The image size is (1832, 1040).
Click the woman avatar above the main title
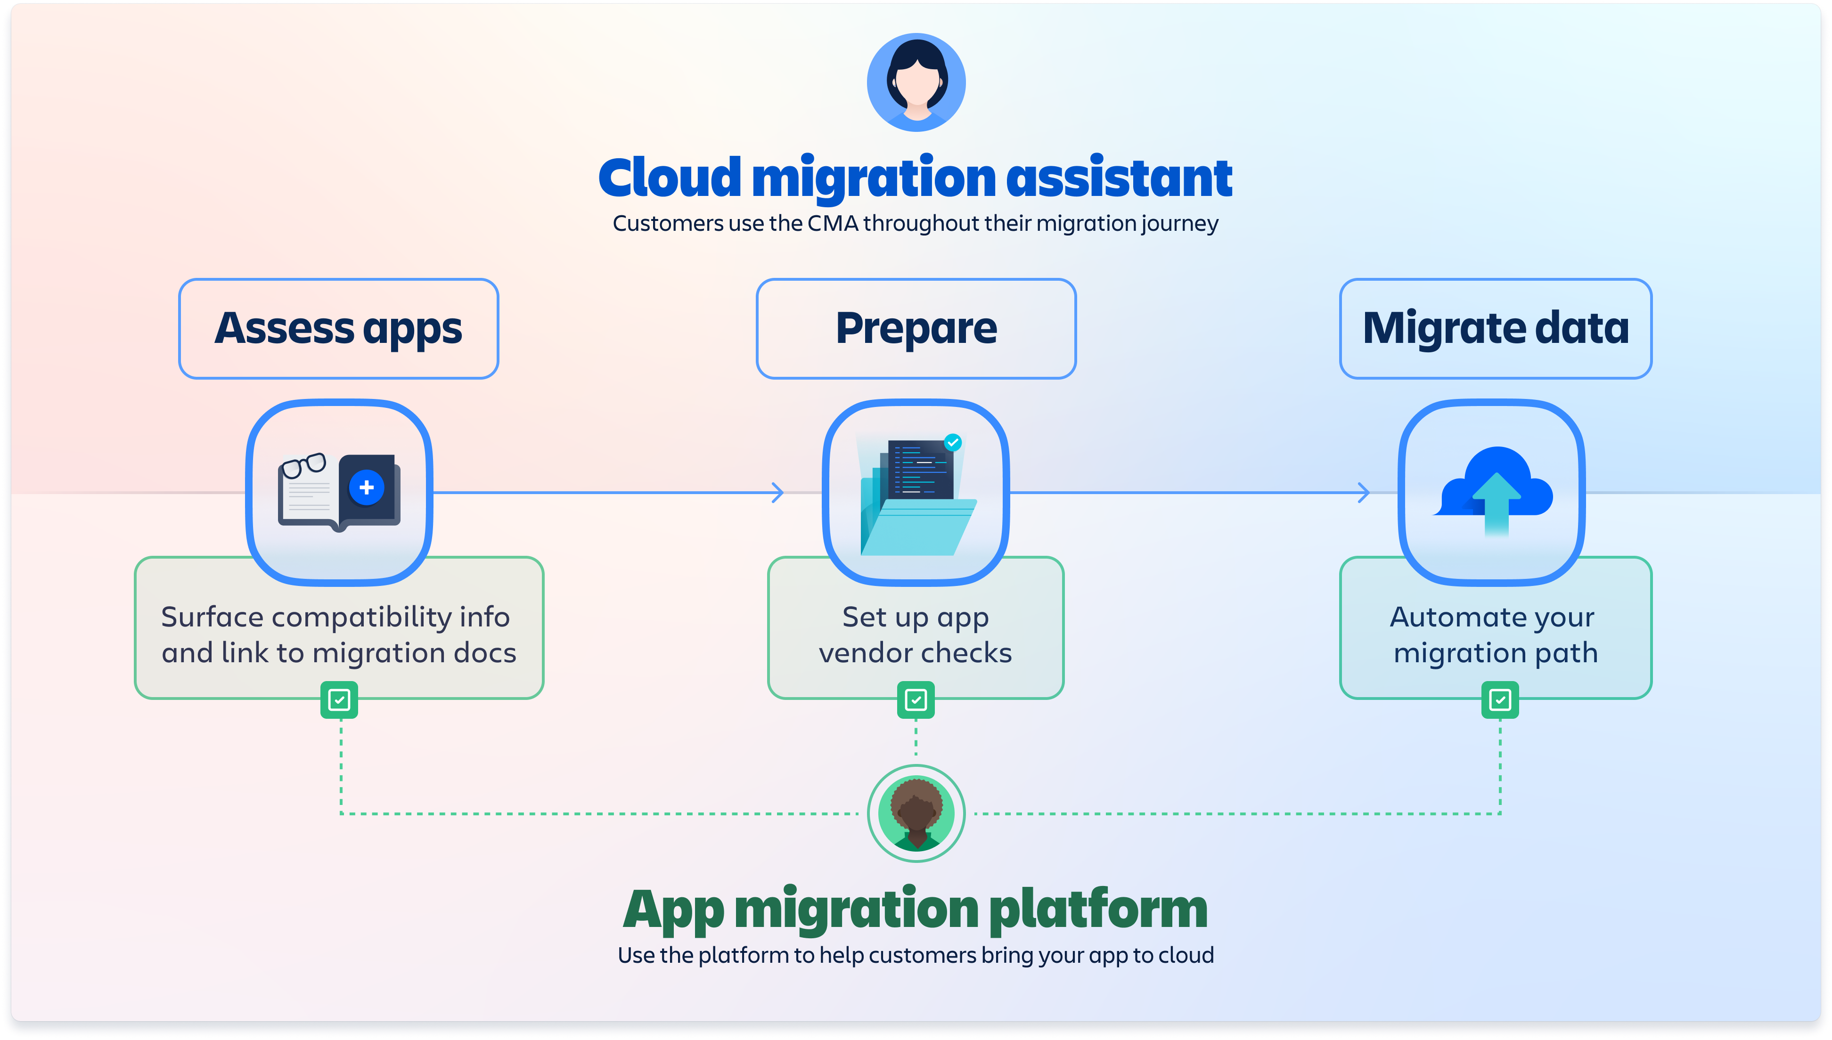(916, 82)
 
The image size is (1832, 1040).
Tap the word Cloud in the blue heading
(670, 178)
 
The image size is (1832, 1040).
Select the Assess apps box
(338, 329)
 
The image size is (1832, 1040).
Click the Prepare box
(916, 329)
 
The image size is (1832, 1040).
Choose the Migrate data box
(1496, 329)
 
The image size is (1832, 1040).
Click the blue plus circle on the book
(367, 488)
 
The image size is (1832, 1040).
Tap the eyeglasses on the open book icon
(303, 466)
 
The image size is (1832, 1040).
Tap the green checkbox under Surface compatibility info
(339, 700)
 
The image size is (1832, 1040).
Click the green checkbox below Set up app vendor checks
(916, 700)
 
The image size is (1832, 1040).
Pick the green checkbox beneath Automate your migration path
(1500, 700)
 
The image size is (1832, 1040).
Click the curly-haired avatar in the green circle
(916, 813)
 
